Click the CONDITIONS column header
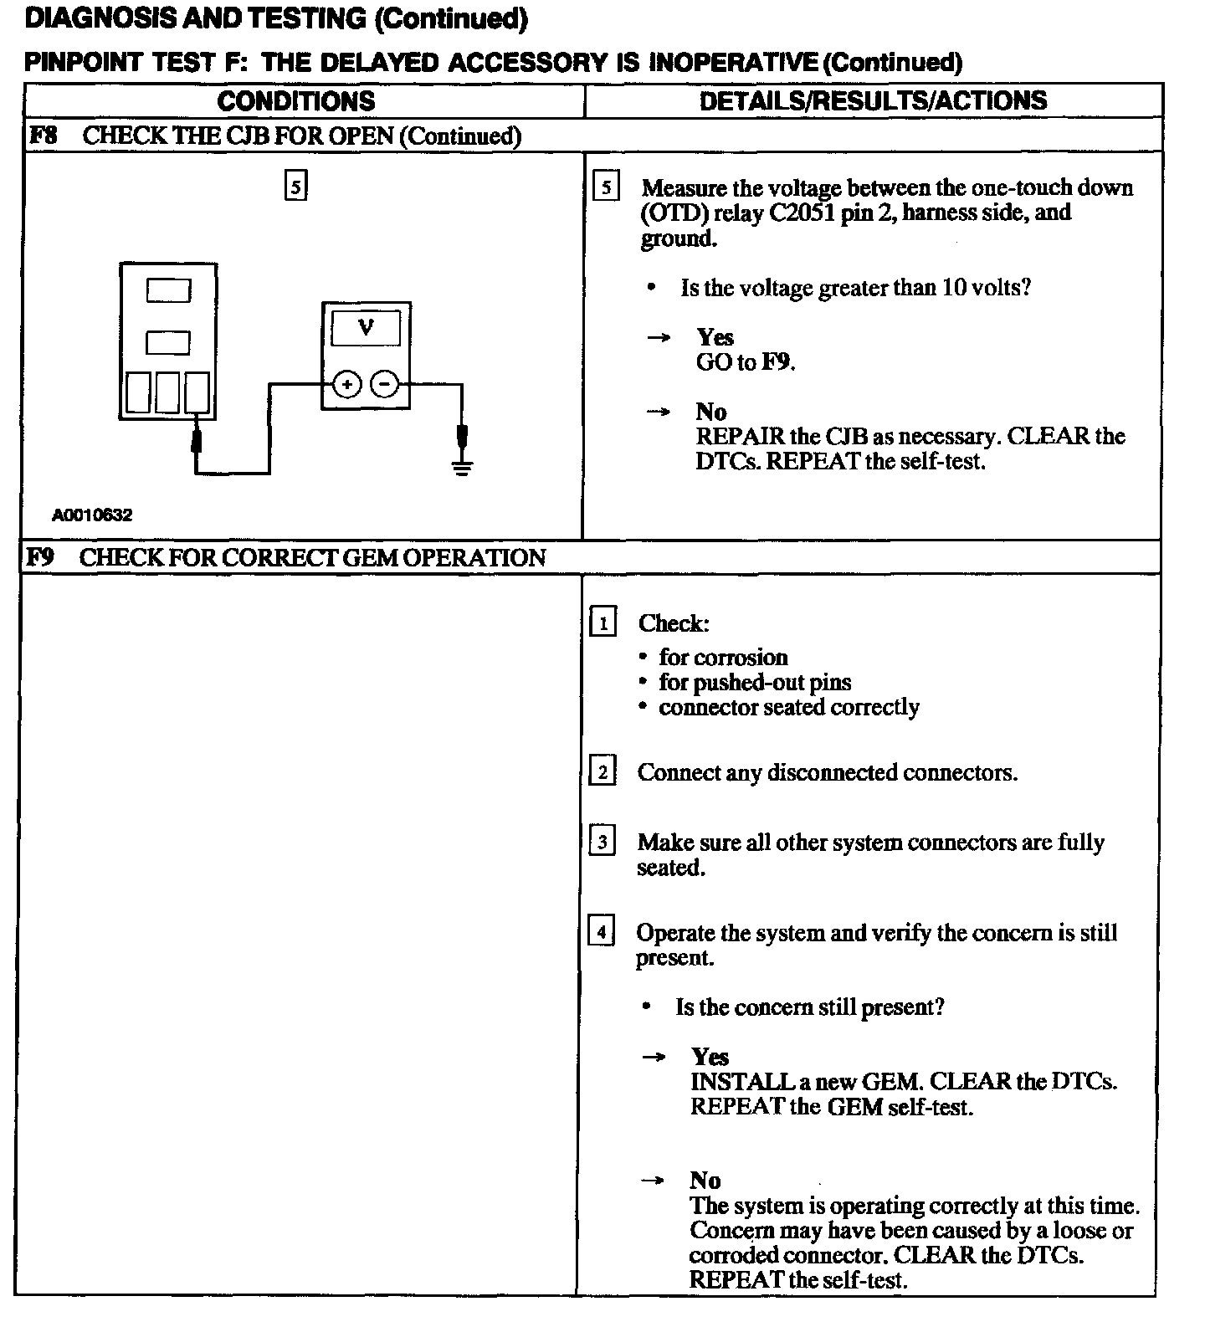(x=296, y=101)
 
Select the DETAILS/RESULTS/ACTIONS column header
(x=873, y=101)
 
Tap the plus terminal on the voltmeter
(x=346, y=385)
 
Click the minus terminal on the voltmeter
(x=384, y=385)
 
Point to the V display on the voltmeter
(x=366, y=328)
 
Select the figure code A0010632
(x=92, y=515)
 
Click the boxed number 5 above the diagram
(x=296, y=186)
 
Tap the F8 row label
(x=43, y=136)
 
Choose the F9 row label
(x=39, y=557)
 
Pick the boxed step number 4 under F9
(x=602, y=931)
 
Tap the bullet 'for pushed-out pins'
(x=754, y=682)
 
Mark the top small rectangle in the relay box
(x=168, y=290)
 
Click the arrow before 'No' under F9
(x=653, y=1181)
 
